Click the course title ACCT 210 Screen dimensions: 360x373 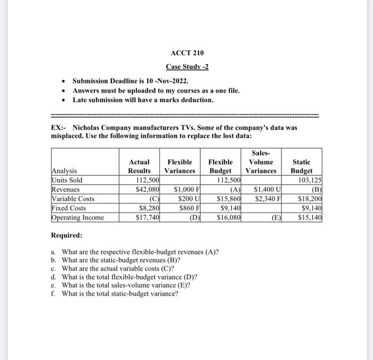pyautogui.click(x=187, y=53)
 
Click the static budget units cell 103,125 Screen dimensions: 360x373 pyautogui.click(x=310, y=180)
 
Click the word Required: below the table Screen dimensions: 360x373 pyautogui.click(x=67, y=235)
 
